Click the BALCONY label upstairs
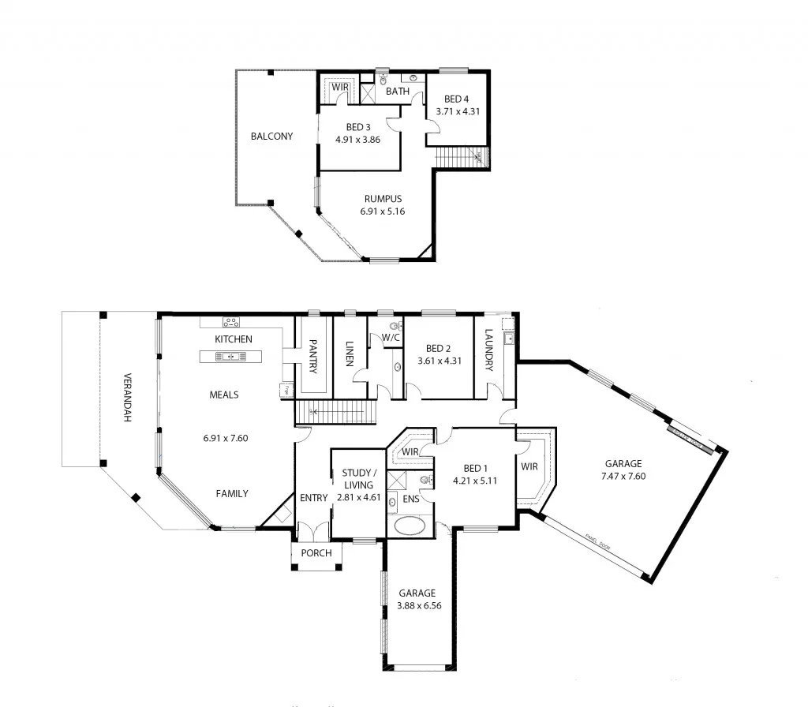point(271,137)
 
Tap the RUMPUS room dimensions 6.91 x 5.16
point(383,211)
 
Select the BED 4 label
point(456,99)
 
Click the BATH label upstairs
point(398,92)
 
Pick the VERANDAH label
point(125,398)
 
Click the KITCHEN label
point(234,339)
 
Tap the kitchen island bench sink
point(230,357)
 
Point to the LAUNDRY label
point(489,350)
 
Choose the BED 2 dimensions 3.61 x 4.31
point(439,361)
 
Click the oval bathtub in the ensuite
point(409,526)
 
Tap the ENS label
point(410,499)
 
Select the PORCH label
point(316,553)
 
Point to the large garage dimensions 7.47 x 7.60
point(623,476)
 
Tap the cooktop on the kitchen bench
point(231,321)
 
